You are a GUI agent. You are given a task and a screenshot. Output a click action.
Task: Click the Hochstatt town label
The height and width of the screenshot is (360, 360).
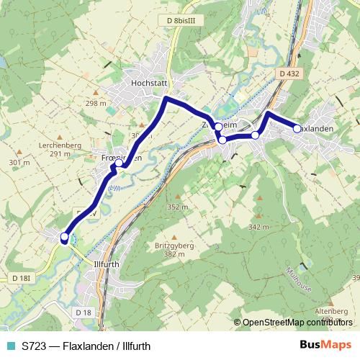tap(148, 83)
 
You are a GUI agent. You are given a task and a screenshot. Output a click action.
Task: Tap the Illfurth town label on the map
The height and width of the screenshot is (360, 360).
tap(109, 264)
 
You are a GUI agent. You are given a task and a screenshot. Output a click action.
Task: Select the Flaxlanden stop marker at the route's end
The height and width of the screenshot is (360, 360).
tap(297, 128)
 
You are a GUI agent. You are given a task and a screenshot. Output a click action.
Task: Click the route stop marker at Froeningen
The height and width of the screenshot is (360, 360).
tap(119, 163)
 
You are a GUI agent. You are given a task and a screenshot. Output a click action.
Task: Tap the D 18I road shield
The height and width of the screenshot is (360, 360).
tap(22, 278)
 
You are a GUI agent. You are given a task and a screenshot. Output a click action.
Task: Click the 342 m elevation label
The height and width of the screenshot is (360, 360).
tap(258, 227)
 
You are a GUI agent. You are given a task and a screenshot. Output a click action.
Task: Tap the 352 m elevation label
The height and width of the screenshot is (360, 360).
tap(177, 207)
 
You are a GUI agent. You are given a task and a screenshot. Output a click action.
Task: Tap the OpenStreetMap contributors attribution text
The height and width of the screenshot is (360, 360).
tap(297, 322)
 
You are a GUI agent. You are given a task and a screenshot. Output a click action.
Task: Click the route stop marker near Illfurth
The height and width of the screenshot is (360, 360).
tap(64, 237)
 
